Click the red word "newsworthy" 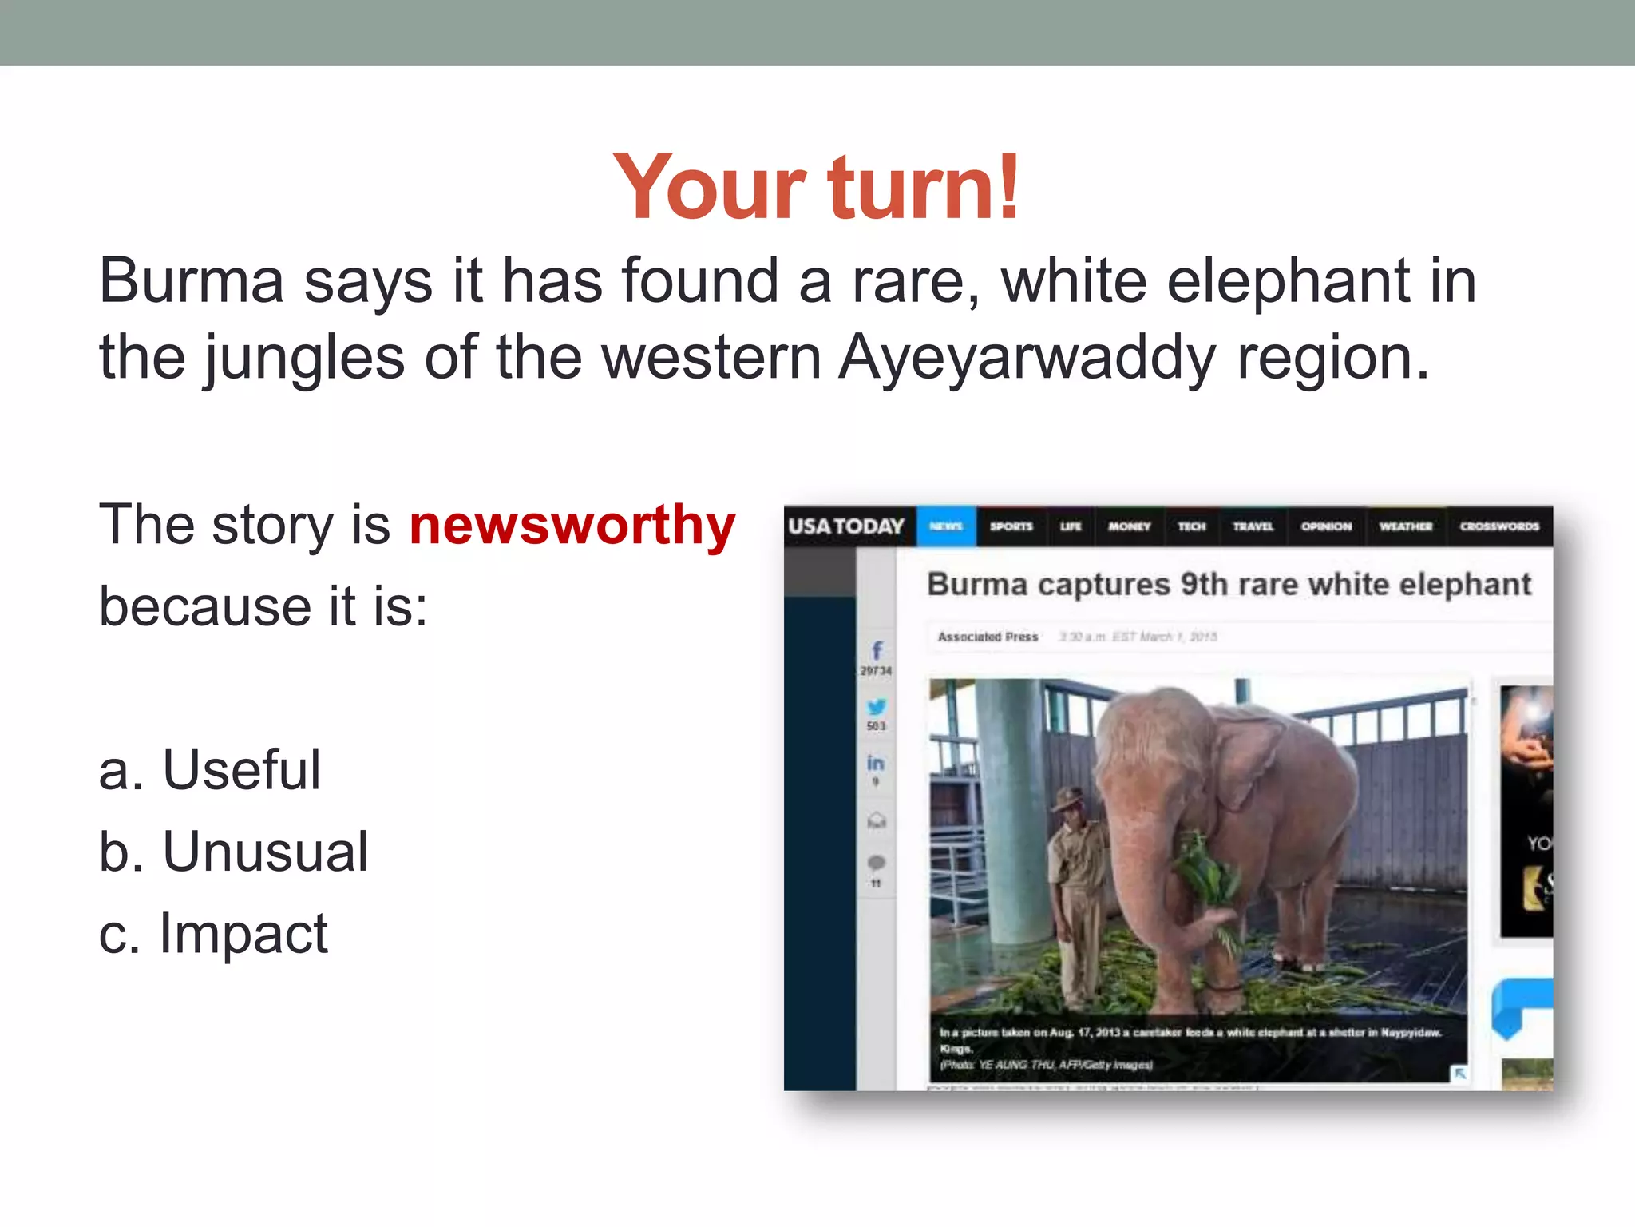pyautogui.click(x=572, y=526)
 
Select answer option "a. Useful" pyautogui.click(x=209, y=770)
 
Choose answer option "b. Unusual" pyautogui.click(x=233, y=852)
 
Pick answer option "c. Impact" pyautogui.click(x=213, y=933)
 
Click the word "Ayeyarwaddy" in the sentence pyautogui.click(x=1027, y=358)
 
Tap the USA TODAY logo pyautogui.click(x=846, y=526)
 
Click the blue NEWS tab pyautogui.click(x=946, y=526)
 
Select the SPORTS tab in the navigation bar pyautogui.click(x=1011, y=526)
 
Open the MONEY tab pyautogui.click(x=1129, y=526)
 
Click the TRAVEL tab pyautogui.click(x=1253, y=526)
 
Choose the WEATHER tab pyautogui.click(x=1406, y=526)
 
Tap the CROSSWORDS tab pyautogui.click(x=1499, y=526)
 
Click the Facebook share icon pyautogui.click(x=877, y=650)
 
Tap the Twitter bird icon pyautogui.click(x=877, y=707)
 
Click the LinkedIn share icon pyautogui.click(x=876, y=763)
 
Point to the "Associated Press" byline pyautogui.click(x=988, y=637)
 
